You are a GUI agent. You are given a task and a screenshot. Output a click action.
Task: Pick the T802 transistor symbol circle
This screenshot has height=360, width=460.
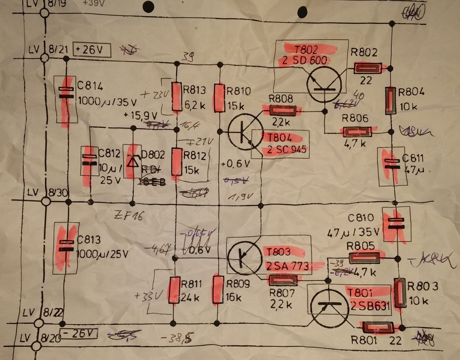(324, 85)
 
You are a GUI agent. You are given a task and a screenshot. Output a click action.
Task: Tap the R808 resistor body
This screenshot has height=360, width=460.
(283, 110)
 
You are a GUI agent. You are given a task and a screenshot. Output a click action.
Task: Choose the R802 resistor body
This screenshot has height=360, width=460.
(368, 67)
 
